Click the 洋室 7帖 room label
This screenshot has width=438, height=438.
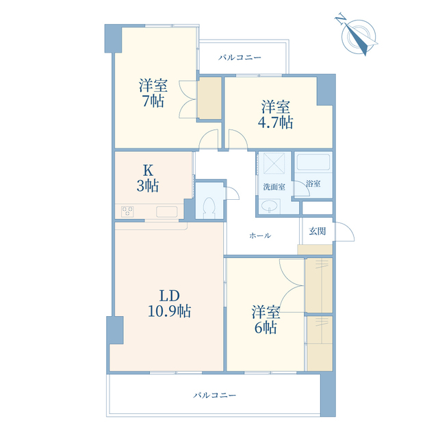pos(153,93)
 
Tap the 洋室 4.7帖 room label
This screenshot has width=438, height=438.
pos(275,115)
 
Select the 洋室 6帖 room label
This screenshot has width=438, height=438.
pos(266,320)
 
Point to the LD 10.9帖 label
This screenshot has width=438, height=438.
pos(169,303)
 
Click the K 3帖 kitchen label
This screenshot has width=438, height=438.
pos(148,178)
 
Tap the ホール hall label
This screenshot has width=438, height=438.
pos(260,235)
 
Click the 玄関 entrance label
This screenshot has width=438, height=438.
pos(318,231)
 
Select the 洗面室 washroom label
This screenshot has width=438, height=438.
pos(274,187)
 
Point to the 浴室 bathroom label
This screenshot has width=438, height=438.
pos(313,184)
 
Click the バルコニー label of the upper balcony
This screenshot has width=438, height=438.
pos(240,57)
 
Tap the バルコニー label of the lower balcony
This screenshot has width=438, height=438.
pos(214,396)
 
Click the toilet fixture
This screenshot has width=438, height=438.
pos(209,208)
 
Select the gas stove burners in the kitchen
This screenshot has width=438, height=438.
pos(127,211)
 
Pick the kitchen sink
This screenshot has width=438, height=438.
pos(167,211)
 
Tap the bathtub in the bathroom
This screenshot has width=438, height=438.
pos(313,162)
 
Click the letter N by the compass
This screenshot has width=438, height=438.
pos(340,19)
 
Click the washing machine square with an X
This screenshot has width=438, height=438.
pos(274,163)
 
